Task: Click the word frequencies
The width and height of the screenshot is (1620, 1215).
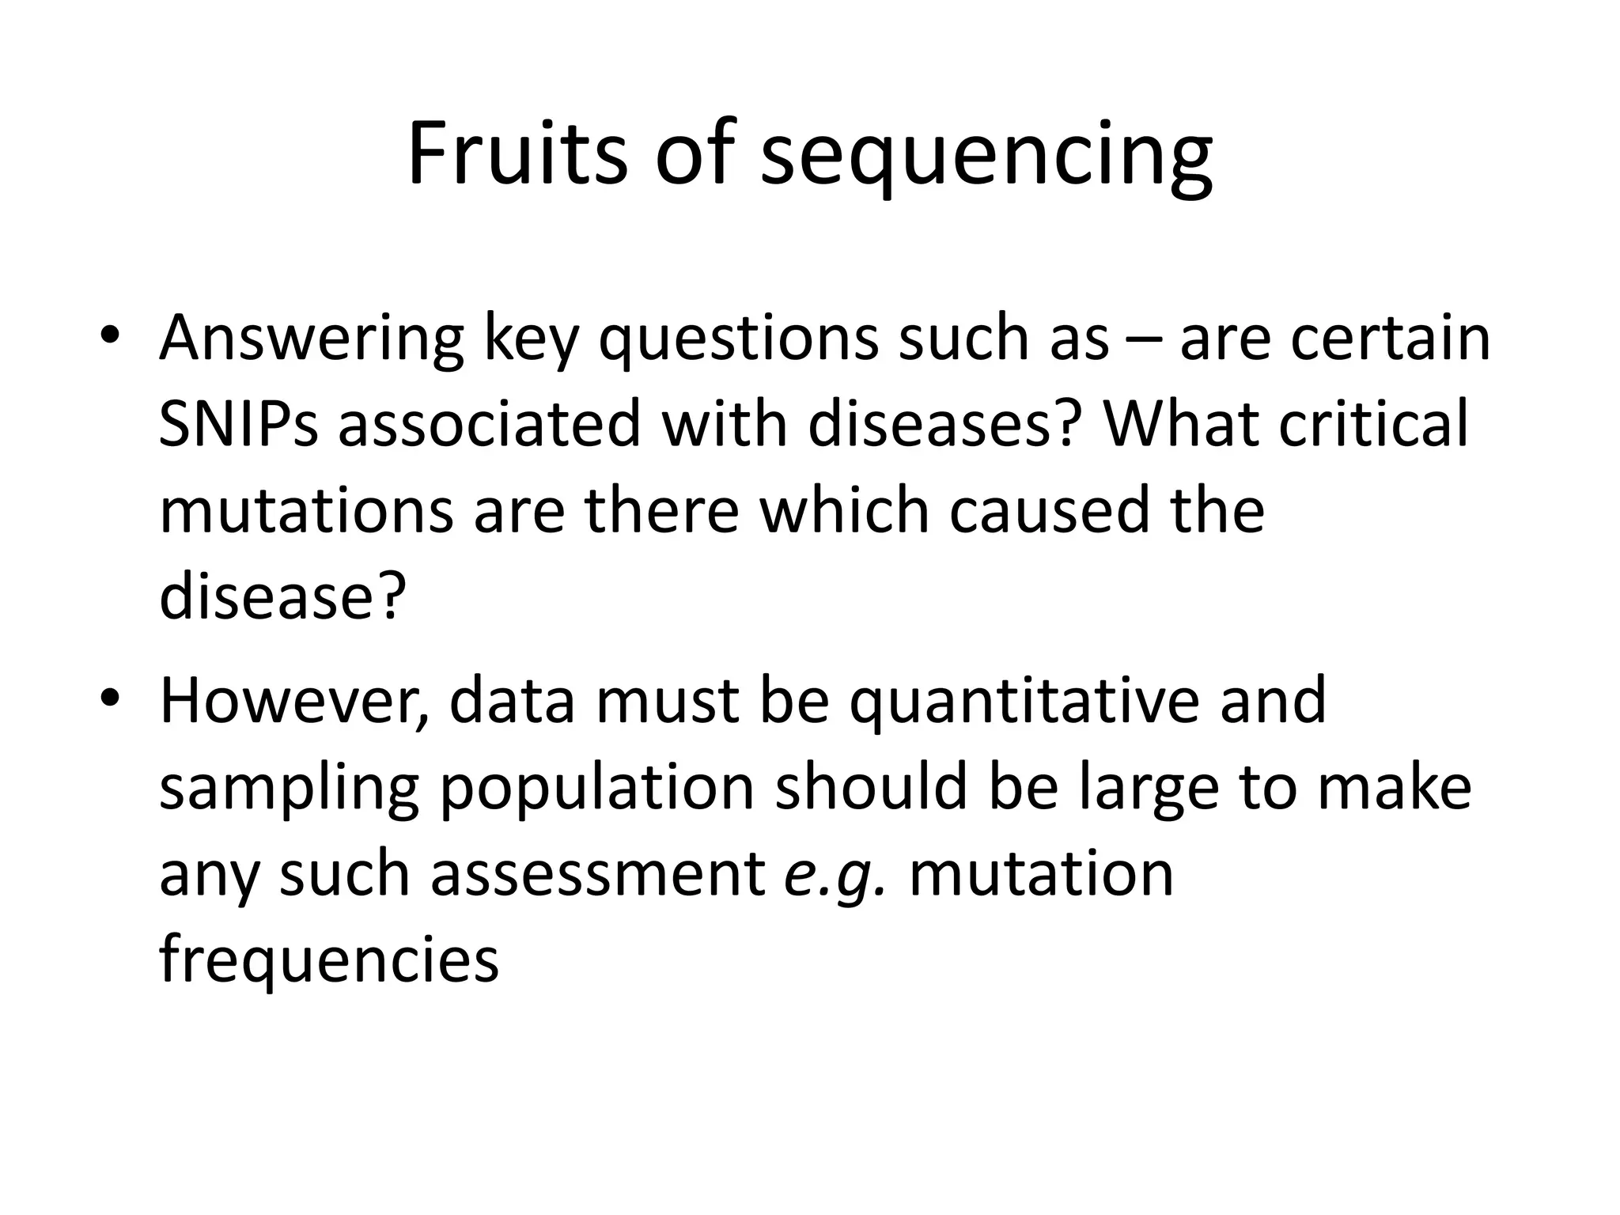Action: click(329, 962)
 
